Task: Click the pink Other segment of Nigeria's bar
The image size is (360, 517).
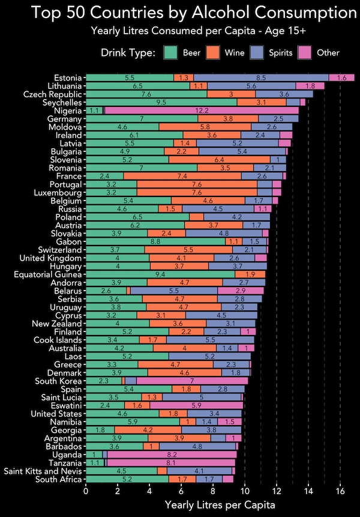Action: click(x=202, y=110)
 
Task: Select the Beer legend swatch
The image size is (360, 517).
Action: click(x=171, y=53)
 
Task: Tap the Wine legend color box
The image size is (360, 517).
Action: click(x=212, y=53)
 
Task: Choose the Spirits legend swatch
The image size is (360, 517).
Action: click(x=257, y=53)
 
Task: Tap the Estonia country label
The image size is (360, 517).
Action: click(x=68, y=77)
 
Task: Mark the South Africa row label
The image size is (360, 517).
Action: click(x=59, y=479)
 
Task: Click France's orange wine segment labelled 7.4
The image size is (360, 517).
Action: click(x=182, y=176)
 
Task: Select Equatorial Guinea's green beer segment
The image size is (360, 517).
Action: click(x=161, y=274)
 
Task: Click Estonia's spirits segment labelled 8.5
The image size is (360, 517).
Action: click(x=261, y=77)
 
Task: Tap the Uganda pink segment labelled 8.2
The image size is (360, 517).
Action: click(x=172, y=455)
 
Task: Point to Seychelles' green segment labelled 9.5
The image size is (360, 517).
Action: click(x=161, y=103)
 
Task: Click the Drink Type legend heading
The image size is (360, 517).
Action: click(x=128, y=53)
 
